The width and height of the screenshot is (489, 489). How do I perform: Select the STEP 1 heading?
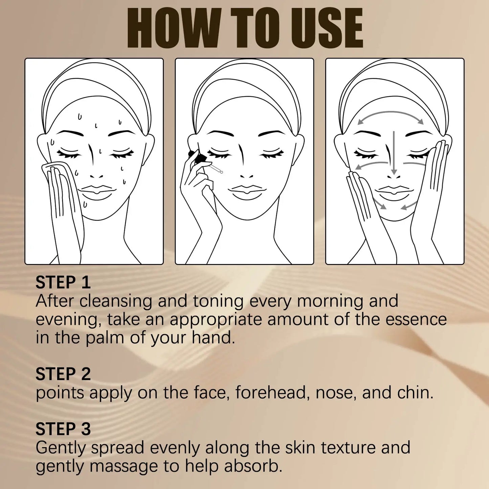coord(63,283)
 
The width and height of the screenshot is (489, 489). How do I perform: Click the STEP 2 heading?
coord(63,374)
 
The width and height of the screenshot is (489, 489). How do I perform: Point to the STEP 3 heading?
coord(63,429)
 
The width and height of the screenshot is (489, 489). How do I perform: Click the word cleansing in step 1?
coord(116,301)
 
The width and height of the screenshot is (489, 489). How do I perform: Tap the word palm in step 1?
coord(105,338)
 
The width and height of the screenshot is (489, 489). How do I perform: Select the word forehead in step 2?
coord(272,393)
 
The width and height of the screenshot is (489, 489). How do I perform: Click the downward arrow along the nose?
coord(394,152)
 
